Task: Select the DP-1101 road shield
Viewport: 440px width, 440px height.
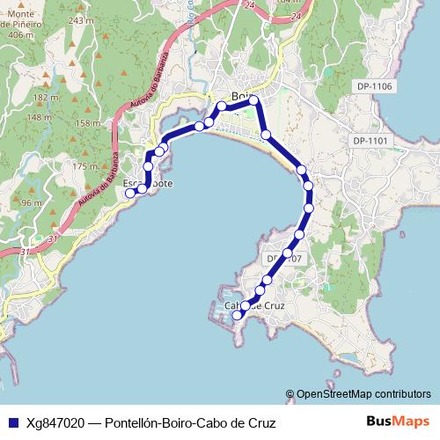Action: point(370,141)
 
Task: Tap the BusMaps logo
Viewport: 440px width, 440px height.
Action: point(396,422)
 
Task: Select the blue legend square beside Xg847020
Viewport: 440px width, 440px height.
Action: point(12,423)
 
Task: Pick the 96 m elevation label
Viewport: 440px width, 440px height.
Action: point(32,202)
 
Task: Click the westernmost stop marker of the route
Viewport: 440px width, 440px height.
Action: point(129,193)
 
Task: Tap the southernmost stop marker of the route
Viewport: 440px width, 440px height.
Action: point(236,315)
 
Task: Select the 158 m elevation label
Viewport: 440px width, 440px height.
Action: point(88,123)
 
